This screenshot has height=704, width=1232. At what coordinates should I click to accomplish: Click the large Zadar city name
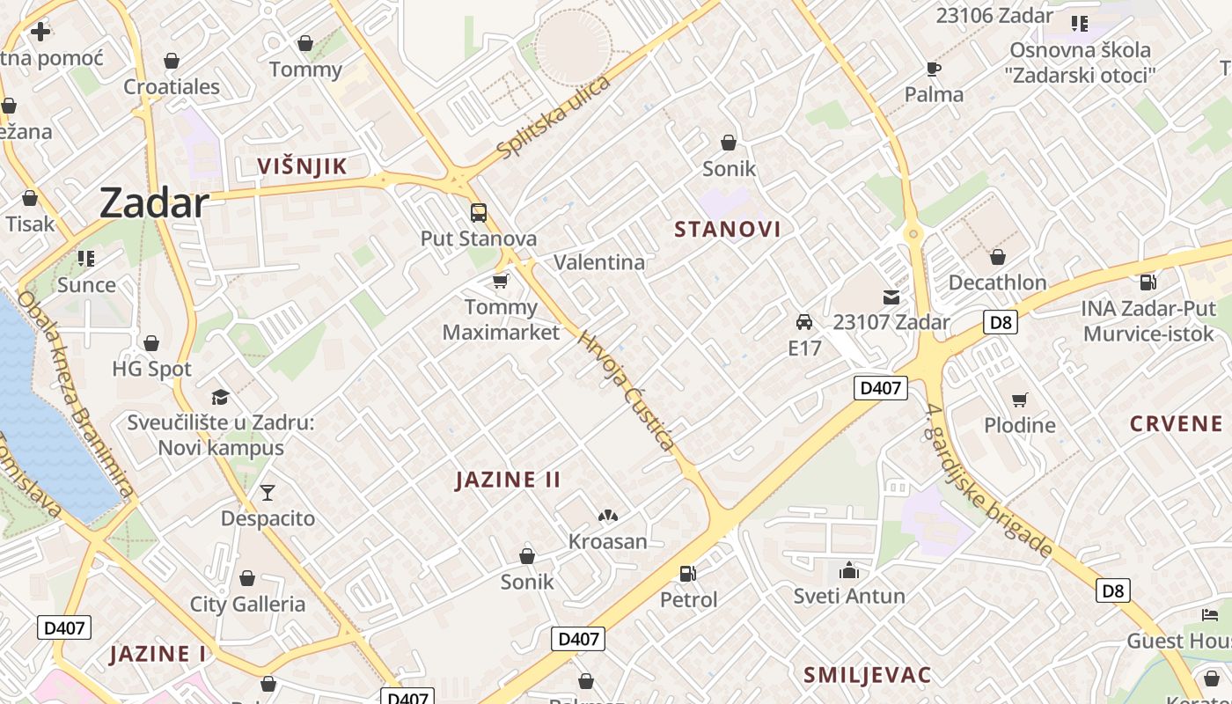coord(153,203)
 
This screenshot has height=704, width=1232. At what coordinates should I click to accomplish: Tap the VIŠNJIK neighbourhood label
coord(302,166)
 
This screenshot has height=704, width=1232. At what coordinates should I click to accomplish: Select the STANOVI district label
coord(727,230)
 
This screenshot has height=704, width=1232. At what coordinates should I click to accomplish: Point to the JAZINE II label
coord(508,480)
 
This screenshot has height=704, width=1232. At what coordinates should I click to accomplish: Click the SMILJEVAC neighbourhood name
coord(867,675)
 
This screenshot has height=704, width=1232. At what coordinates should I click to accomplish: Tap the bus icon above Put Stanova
coord(479,213)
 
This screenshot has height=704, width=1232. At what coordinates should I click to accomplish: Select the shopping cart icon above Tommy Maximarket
coord(501,281)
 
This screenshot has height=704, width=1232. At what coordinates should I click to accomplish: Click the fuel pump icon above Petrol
coord(688,574)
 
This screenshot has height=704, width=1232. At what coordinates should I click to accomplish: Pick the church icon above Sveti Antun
coord(849,570)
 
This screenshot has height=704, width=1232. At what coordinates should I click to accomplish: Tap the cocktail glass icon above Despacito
coord(268,493)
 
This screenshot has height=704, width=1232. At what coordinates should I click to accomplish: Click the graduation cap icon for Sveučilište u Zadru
coord(220,397)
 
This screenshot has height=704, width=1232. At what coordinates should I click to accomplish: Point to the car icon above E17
coord(804,322)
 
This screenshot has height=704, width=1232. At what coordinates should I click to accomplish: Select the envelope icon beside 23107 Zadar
coord(891,297)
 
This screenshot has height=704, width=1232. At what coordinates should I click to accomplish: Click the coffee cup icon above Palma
coord(934,69)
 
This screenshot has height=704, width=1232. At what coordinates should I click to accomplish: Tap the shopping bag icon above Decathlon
coord(997,257)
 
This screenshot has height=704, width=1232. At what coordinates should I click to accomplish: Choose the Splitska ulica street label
coord(553,118)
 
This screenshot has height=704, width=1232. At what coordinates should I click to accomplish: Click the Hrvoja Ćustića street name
coord(626,390)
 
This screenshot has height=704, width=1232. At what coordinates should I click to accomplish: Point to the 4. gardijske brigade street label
coord(989,480)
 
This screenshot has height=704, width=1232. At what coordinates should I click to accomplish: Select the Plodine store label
coord(1019,425)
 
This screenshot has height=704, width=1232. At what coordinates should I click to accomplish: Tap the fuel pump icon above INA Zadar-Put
coord(1148,282)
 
